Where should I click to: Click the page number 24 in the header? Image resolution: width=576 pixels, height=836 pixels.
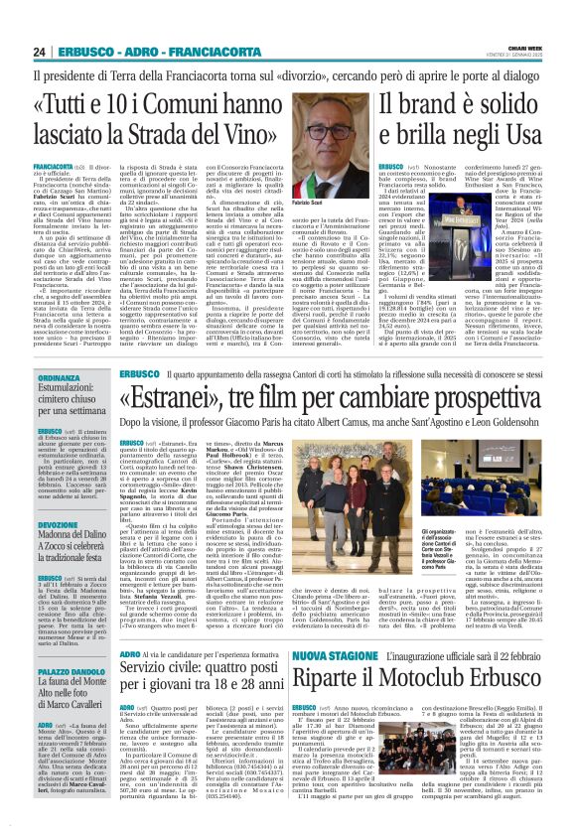39,52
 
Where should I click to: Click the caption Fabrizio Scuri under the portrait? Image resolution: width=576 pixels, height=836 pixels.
309,202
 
